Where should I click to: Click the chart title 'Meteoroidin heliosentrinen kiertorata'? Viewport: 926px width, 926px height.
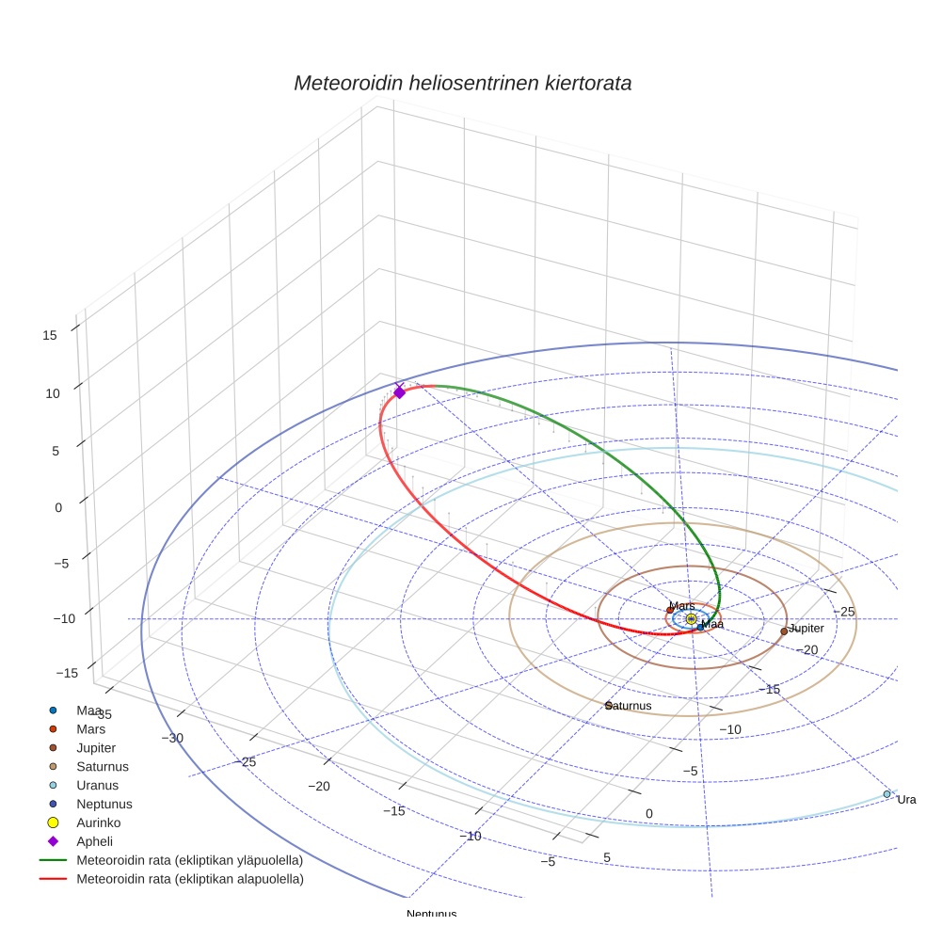tap(462, 83)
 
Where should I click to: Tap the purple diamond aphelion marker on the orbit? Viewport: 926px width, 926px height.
tap(399, 391)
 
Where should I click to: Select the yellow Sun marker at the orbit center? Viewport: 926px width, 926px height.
tap(692, 618)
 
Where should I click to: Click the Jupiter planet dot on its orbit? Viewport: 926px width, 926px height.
tap(784, 631)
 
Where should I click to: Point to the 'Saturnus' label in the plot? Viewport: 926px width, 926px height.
tap(629, 706)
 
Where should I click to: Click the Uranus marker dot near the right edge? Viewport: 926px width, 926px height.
tap(886, 794)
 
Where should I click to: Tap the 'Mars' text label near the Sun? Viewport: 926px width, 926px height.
tap(682, 606)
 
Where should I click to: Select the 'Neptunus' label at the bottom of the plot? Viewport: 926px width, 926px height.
tap(431, 914)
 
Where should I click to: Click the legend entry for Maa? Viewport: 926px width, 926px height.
tap(89, 710)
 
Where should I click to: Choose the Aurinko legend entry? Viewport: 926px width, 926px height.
tap(99, 822)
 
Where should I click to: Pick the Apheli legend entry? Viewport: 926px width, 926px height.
tap(93, 841)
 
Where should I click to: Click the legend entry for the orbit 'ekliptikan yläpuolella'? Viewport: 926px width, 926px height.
tap(189, 860)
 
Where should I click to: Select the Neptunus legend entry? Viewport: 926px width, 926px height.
tap(104, 804)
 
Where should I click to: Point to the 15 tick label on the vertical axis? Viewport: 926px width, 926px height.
tap(51, 335)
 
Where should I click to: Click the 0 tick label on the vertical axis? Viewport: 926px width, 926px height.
tap(58, 507)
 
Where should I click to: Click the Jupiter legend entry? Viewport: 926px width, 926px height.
tap(97, 747)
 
